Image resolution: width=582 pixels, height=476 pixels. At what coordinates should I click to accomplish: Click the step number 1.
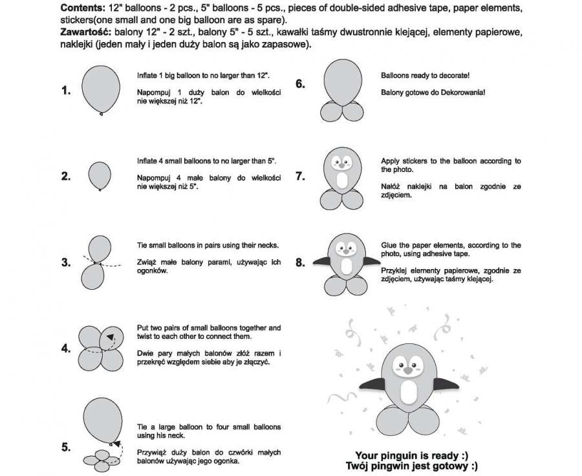pos(66,91)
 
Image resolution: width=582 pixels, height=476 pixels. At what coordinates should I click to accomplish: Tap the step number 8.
pos(300,263)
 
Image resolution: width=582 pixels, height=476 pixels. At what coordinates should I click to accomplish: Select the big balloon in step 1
pos(102,88)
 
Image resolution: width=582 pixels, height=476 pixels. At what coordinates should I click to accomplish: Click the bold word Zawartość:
pos(85,32)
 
